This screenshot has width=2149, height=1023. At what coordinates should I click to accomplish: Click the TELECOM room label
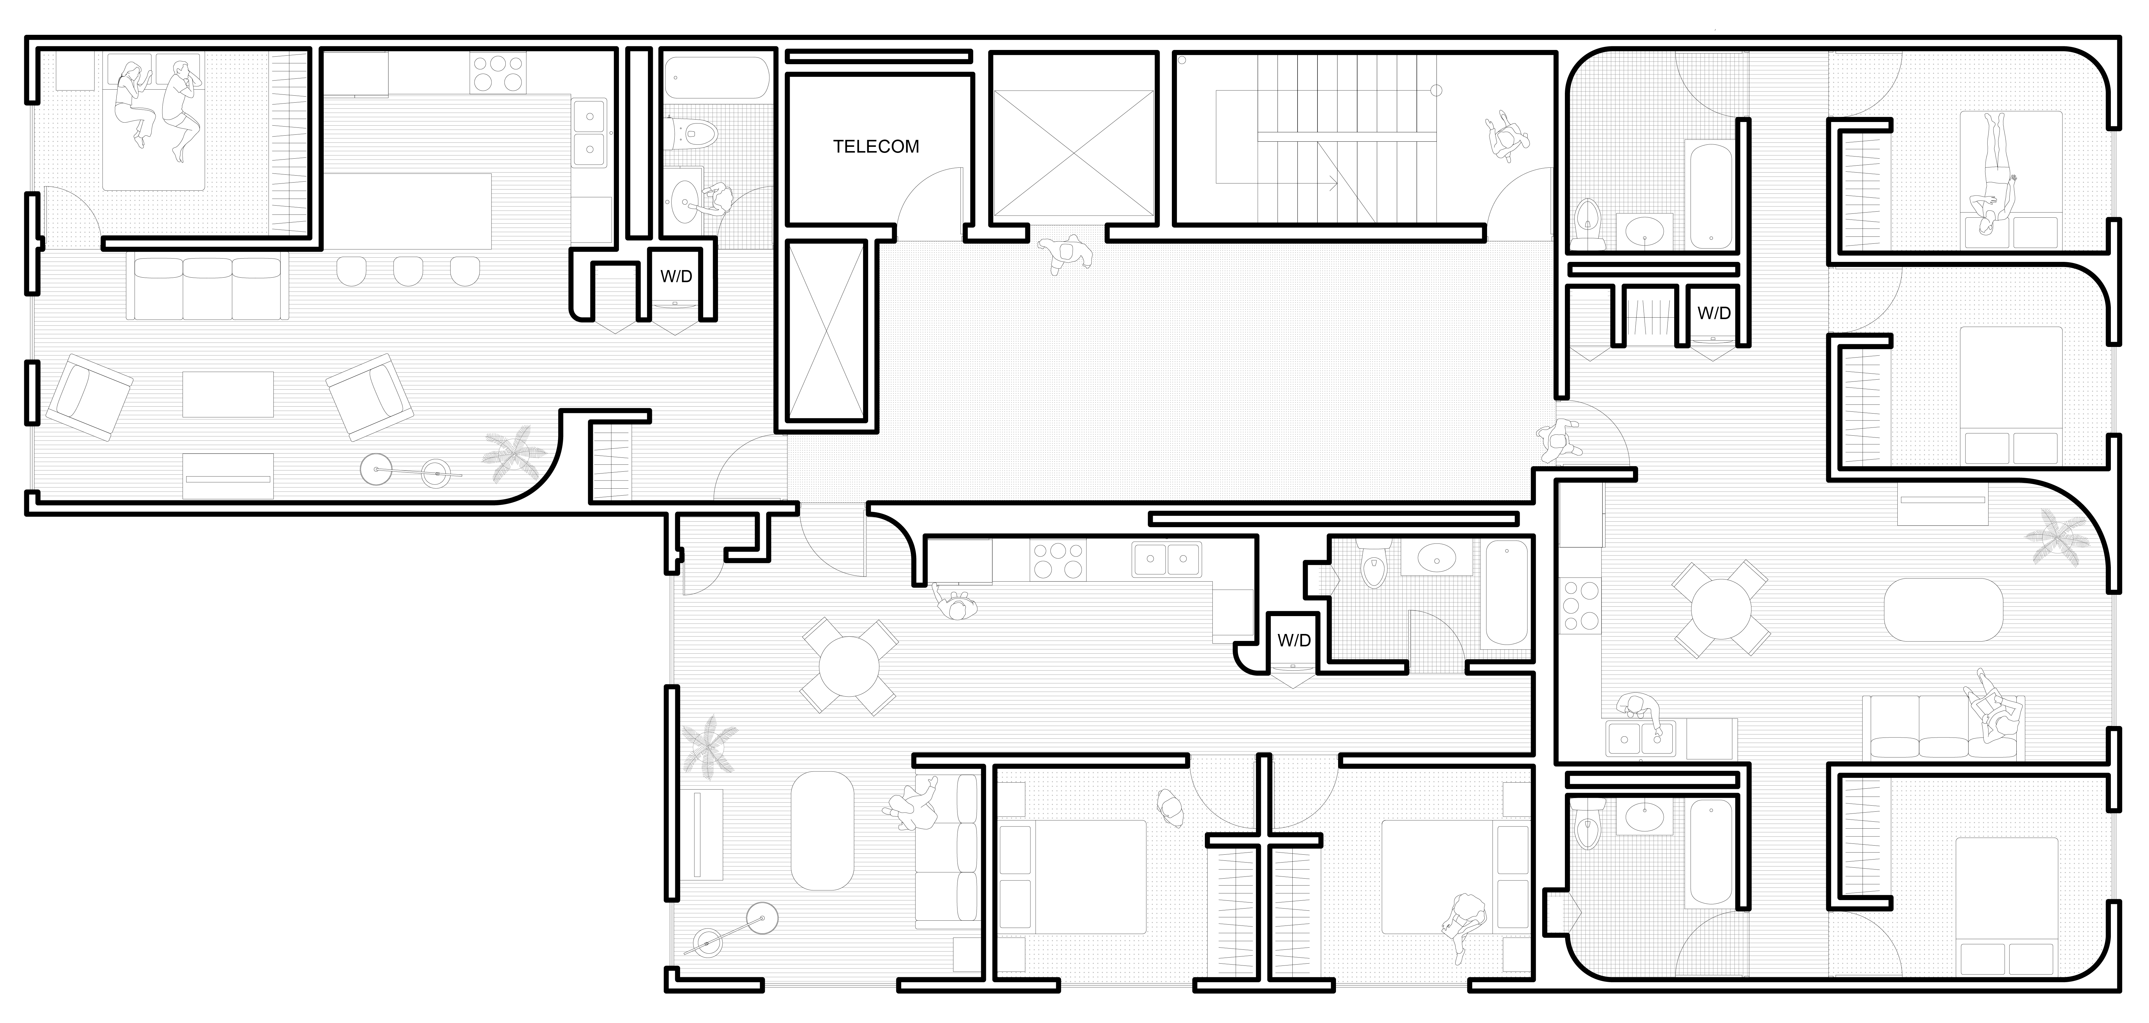tap(876, 147)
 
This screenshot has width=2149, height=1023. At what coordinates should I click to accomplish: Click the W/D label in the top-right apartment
tap(1714, 314)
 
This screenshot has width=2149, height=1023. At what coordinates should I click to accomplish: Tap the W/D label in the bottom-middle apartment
tap(1294, 641)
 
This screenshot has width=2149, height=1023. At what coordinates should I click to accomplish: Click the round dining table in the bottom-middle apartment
tap(849, 666)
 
